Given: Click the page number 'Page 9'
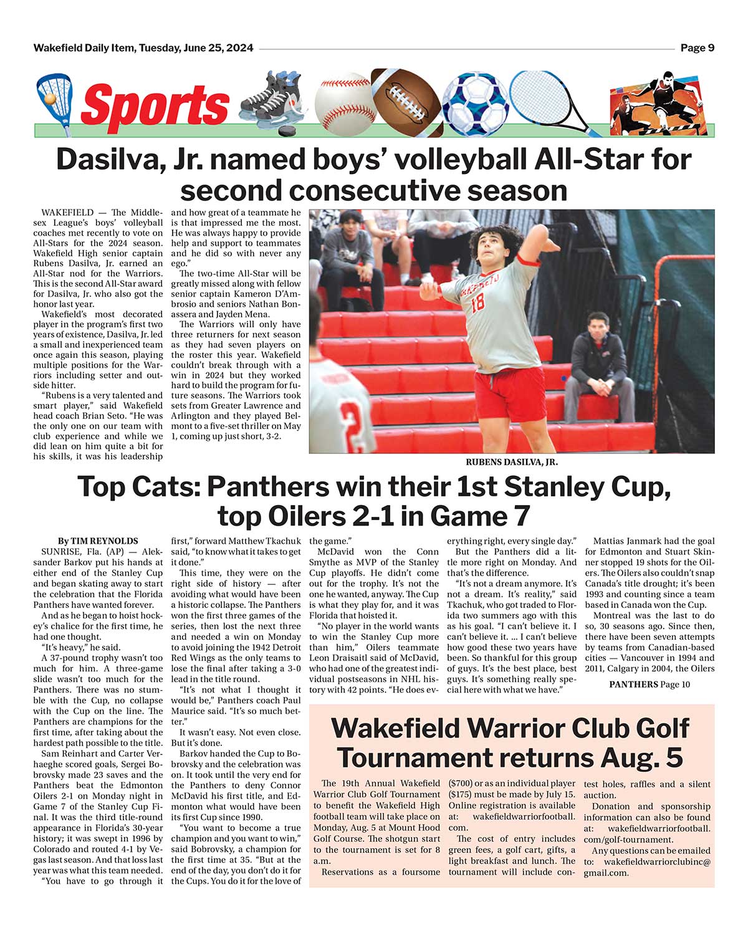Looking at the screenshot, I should (x=697, y=48).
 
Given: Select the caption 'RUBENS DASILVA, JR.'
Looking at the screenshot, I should (x=512, y=462).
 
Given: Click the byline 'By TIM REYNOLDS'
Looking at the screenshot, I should (x=98, y=541).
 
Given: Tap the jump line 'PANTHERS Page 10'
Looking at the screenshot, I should (x=650, y=684).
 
